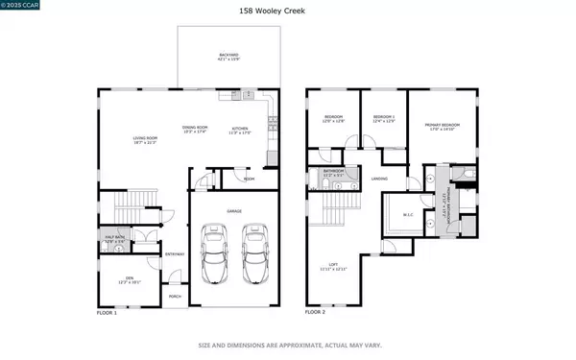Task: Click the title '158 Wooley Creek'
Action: coord(287,12)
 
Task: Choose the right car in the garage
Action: coord(253,254)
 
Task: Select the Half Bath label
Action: coord(114,240)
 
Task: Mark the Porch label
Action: coord(175,297)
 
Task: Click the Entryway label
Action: coord(175,253)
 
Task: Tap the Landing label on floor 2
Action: coord(380,179)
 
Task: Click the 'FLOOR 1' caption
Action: coord(107,313)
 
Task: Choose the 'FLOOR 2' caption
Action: coord(315,313)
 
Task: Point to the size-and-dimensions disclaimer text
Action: coord(287,345)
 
